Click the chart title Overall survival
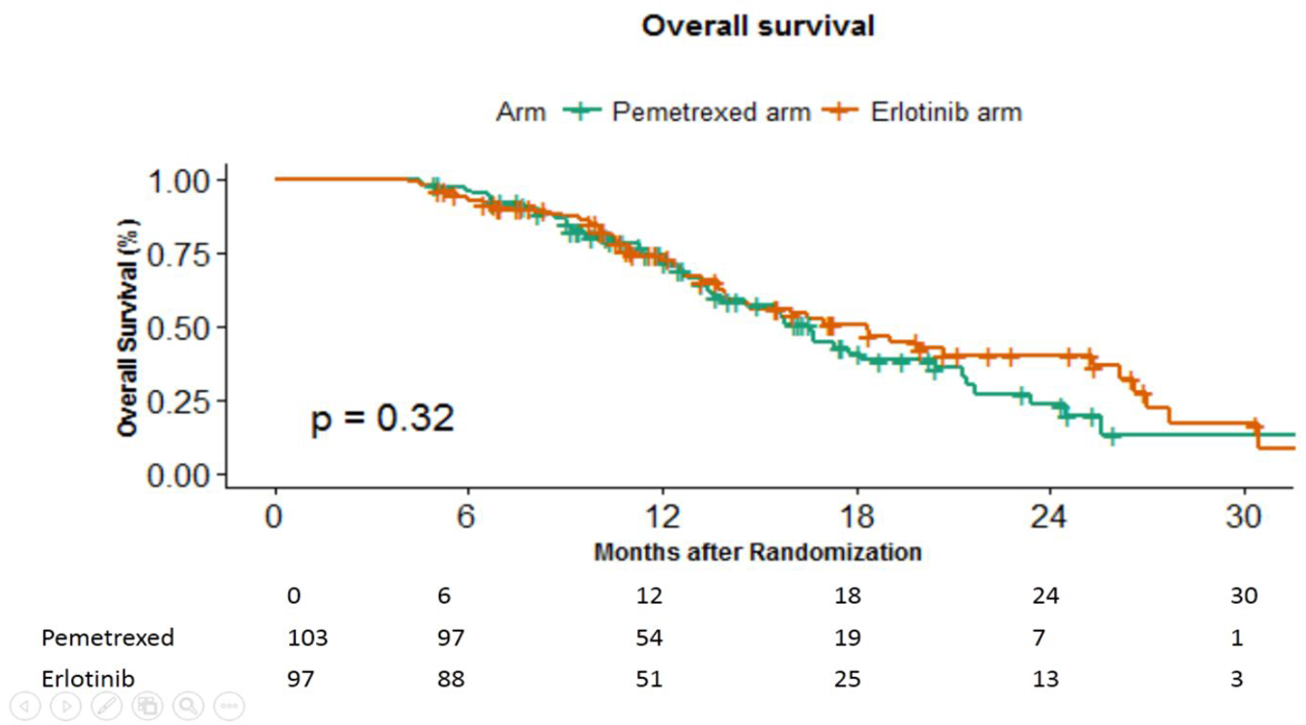point(757,26)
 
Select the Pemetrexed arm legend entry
point(710,112)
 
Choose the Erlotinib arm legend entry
point(946,112)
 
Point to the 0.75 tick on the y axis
point(178,255)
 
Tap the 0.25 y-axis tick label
point(178,401)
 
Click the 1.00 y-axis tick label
point(178,181)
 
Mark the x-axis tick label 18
point(856,517)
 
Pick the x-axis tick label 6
point(466,517)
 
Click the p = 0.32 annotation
point(382,418)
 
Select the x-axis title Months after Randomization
point(757,552)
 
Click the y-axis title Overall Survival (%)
point(127,328)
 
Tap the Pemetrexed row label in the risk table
point(108,638)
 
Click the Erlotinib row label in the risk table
point(88,679)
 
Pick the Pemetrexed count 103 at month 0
point(307,638)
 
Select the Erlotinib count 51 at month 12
point(649,679)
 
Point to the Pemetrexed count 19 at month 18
point(847,638)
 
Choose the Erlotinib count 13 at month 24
point(1045,679)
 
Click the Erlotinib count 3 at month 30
point(1236,679)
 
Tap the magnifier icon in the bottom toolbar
point(188,705)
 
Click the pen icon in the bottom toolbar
point(106,705)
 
